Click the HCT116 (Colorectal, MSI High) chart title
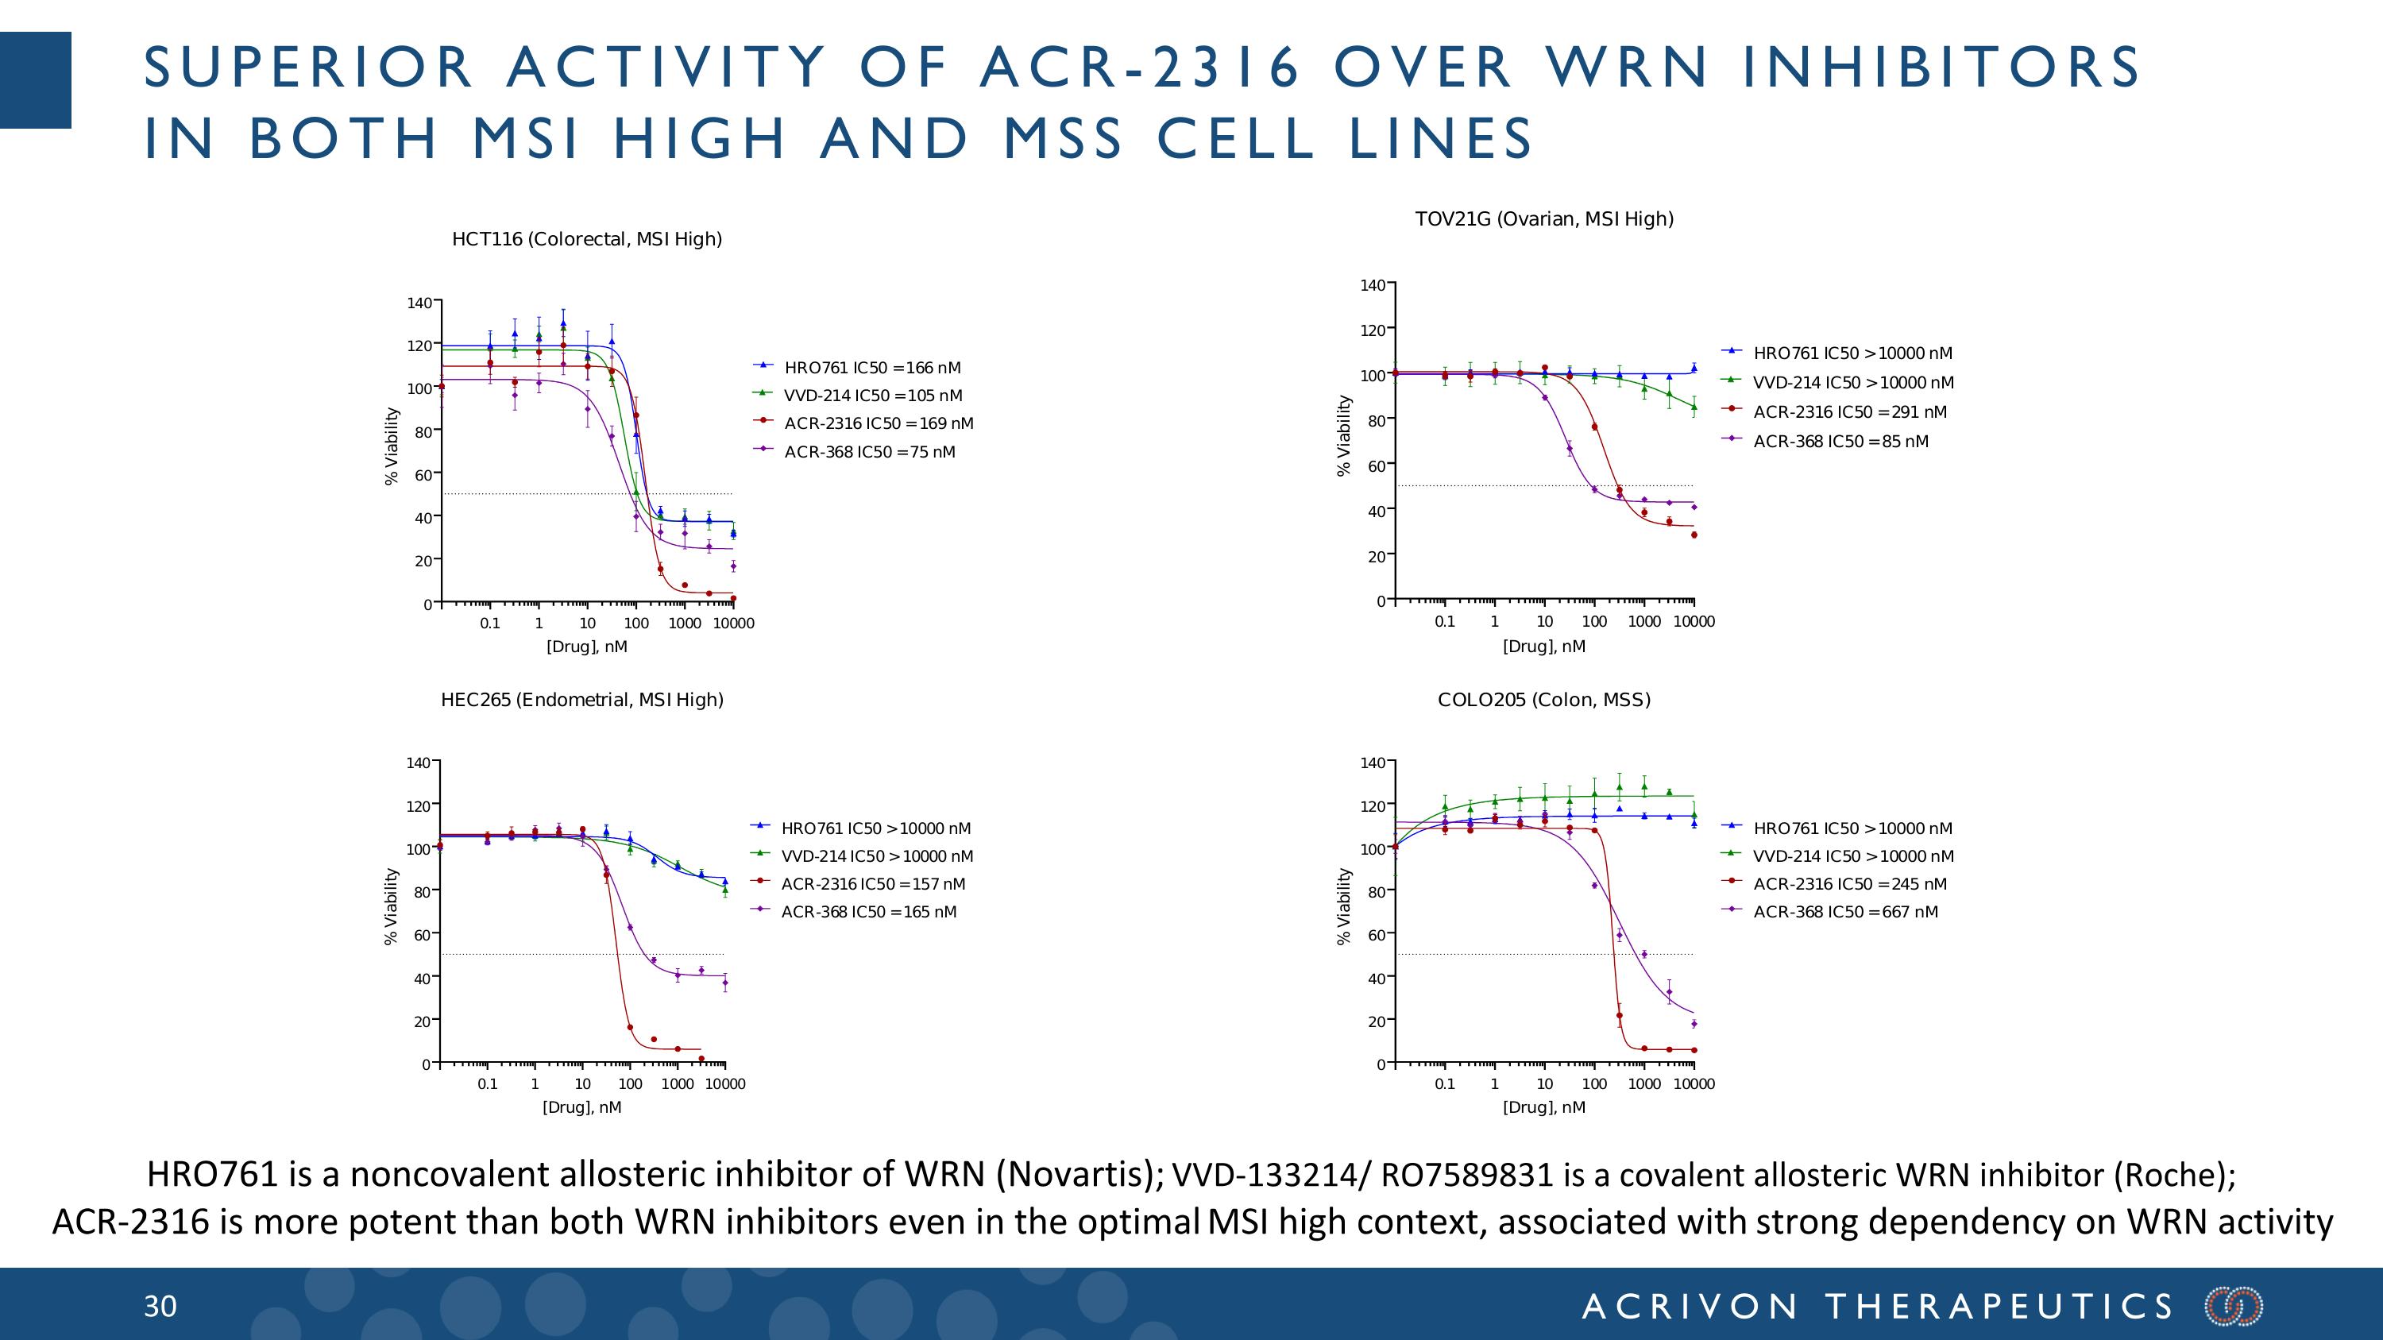tap(586, 238)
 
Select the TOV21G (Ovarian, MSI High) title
tap(1544, 219)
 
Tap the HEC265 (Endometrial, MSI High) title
tap(582, 700)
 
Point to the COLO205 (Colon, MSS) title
tap(1544, 700)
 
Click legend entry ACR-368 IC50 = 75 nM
tap(869, 452)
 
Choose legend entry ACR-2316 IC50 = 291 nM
tap(1849, 412)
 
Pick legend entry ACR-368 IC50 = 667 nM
tap(1844, 912)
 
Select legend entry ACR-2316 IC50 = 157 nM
tap(872, 884)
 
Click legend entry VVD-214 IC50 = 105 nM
tap(872, 396)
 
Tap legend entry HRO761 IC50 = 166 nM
tap(871, 368)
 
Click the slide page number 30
tap(160, 1307)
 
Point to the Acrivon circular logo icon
tap(2234, 1307)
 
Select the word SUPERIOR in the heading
tap(309, 68)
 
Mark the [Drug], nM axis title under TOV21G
tap(1543, 647)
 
